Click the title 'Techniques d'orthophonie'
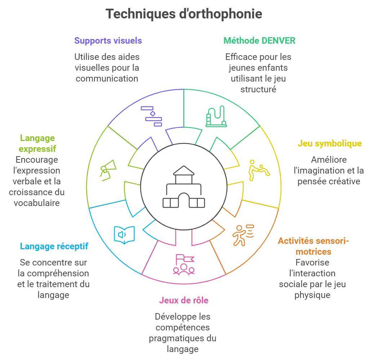click(184, 14)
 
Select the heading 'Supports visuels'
click(108, 41)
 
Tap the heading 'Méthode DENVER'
click(259, 41)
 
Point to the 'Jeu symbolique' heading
click(329, 144)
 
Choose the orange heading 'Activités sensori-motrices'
click(313, 246)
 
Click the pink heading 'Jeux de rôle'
click(184, 300)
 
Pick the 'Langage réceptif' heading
click(54, 246)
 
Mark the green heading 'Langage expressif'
click(37, 143)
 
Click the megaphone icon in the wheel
click(108, 170)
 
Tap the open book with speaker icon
click(124, 235)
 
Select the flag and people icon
click(184, 265)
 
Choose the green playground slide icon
click(216, 116)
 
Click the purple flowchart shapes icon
click(151, 116)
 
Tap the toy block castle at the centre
click(184, 187)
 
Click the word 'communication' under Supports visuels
click(107, 79)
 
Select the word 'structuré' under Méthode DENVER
click(258, 89)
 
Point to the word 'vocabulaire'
click(37, 203)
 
